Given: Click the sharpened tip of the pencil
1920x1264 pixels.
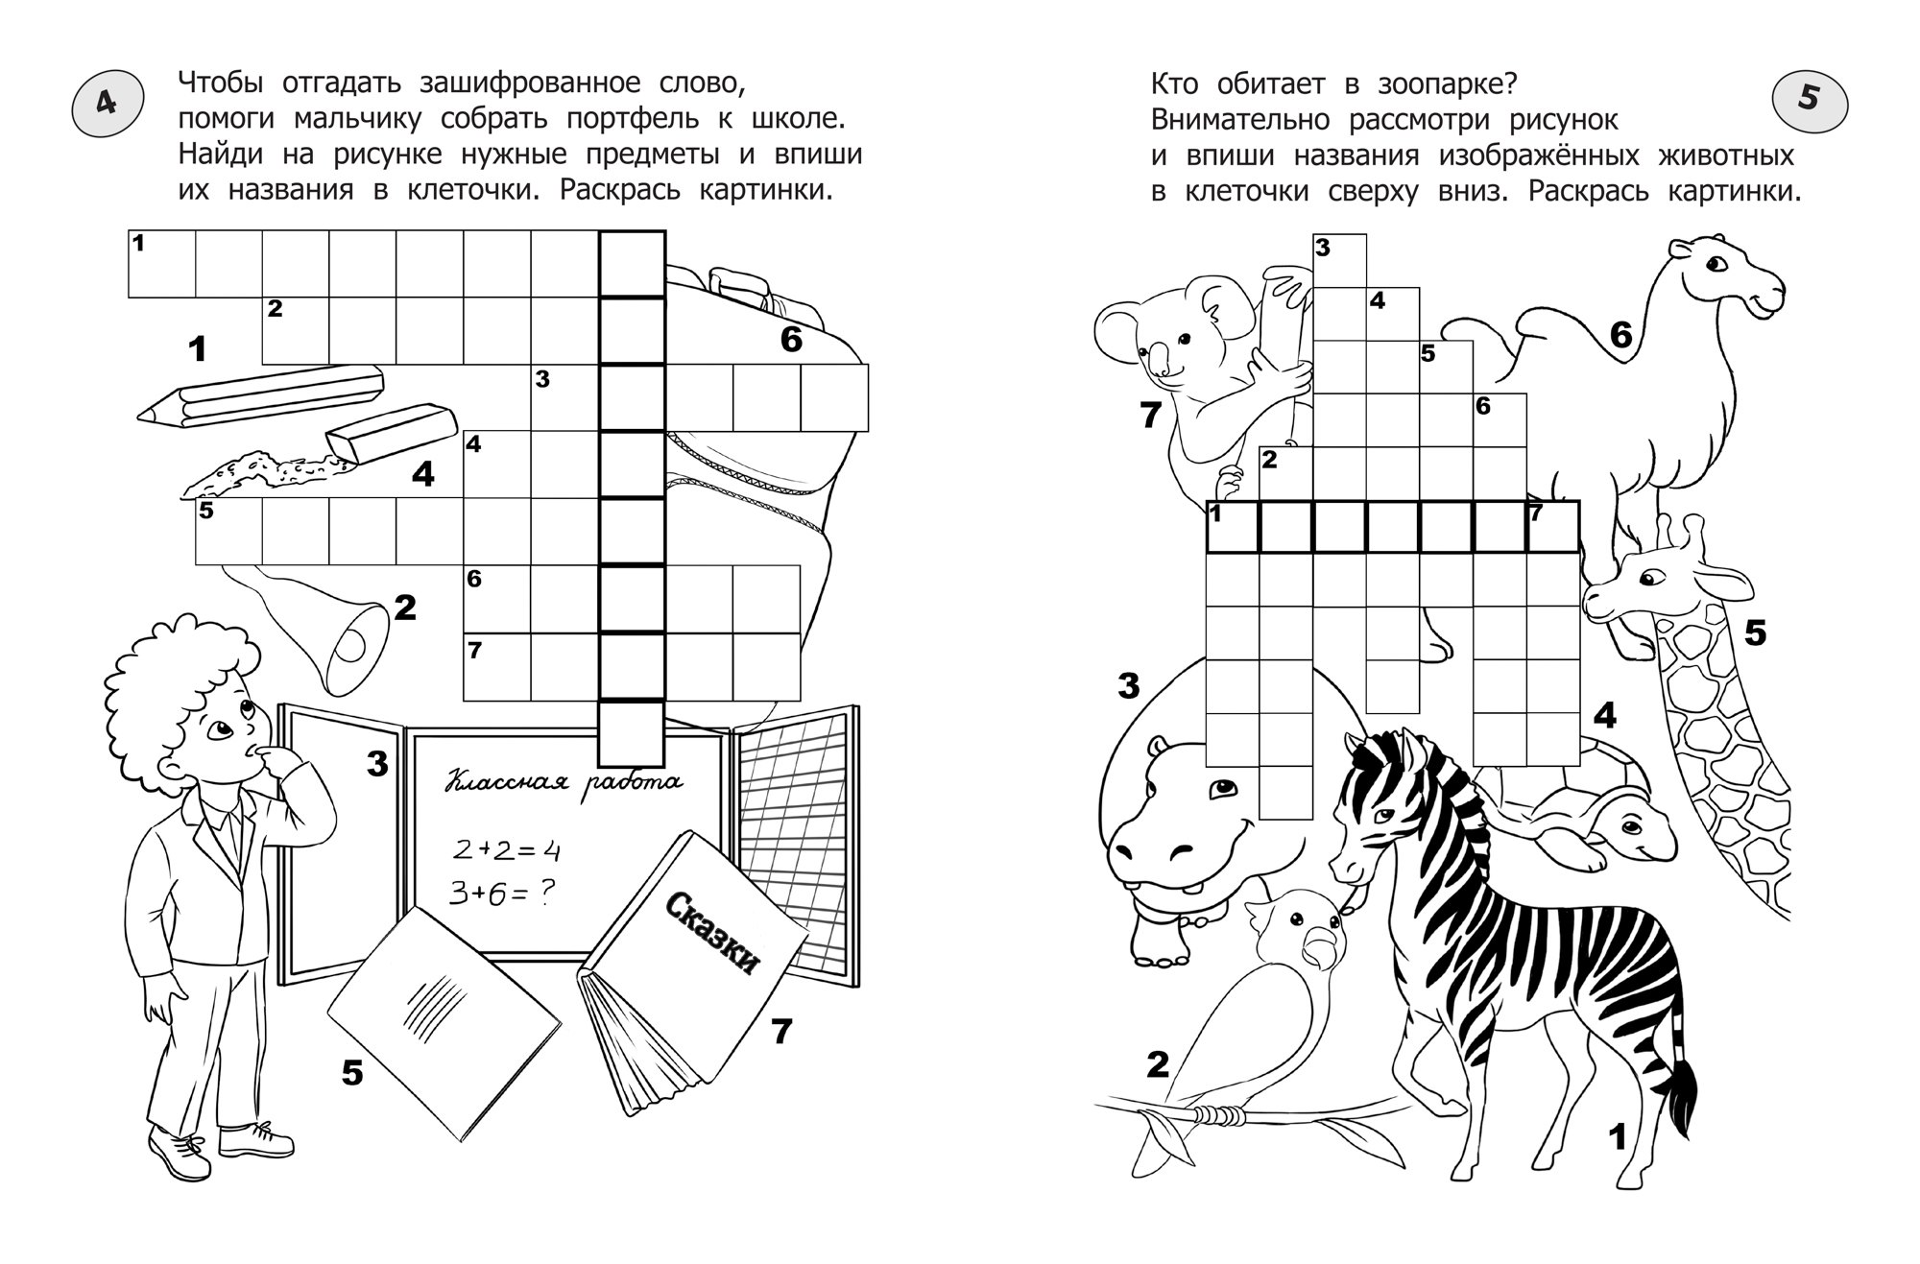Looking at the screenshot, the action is pyautogui.click(x=140, y=416).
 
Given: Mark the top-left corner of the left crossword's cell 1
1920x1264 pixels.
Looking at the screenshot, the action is pyautogui.click(x=129, y=230).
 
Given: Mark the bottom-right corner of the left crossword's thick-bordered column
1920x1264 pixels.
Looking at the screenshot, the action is pyautogui.click(x=665, y=767).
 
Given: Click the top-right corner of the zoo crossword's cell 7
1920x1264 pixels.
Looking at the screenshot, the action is pyautogui.click(x=1579, y=501).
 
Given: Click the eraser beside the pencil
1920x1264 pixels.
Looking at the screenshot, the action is pyautogui.click(x=392, y=433).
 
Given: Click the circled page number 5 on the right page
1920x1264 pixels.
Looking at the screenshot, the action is pyautogui.click(x=1809, y=100).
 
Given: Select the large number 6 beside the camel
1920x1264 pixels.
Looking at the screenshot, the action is pyautogui.click(x=1620, y=335).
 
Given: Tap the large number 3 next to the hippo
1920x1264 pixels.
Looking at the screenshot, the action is pyautogui.click(x=1129, y=686).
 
